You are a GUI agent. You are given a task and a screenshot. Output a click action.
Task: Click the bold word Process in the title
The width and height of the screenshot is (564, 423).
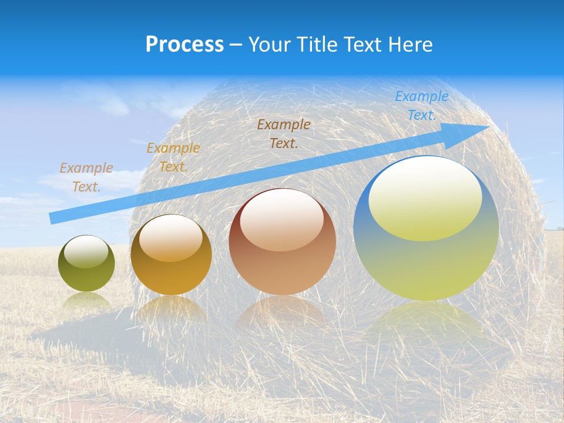click(184, 44)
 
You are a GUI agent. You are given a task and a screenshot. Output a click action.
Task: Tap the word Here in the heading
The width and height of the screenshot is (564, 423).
click(411, 45)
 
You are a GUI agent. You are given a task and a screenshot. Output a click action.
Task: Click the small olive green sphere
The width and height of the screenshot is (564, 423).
click(86, 264)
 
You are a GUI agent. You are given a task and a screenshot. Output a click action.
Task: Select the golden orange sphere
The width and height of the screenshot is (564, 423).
click(171, 255)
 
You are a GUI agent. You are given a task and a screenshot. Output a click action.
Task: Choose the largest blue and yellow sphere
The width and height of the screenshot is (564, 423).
click(426, 229)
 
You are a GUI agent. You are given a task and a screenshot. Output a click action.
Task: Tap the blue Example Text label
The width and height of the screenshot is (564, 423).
click(422, 106)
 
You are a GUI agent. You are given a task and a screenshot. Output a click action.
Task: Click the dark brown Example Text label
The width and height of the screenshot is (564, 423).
click(284, 133)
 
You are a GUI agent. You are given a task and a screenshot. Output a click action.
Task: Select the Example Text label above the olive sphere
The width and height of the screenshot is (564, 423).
click(86, 177)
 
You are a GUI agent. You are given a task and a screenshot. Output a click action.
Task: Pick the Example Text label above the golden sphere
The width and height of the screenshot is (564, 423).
click(173, 157)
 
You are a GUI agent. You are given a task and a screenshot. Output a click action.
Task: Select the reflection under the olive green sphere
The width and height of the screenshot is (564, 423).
click(86, 301)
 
